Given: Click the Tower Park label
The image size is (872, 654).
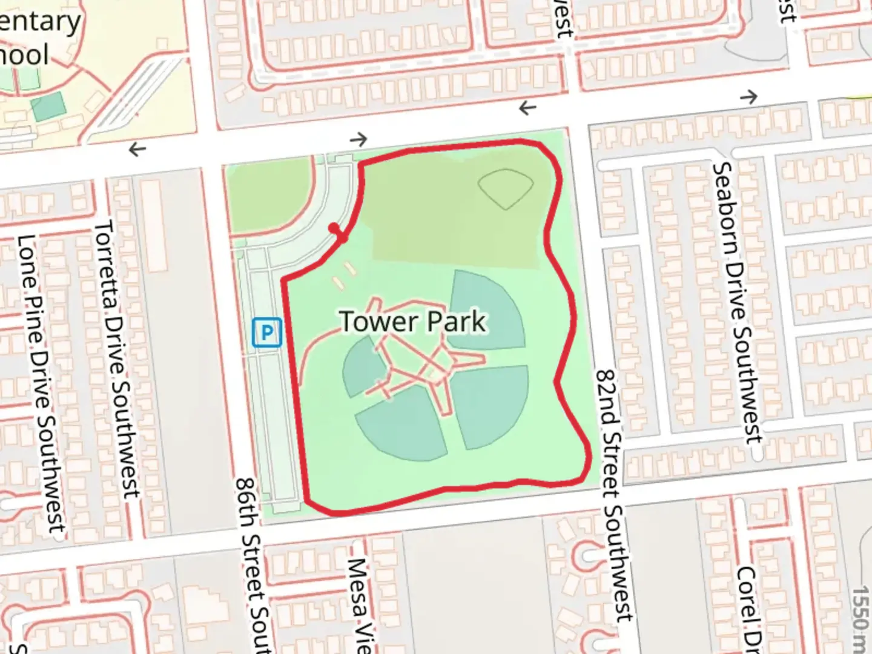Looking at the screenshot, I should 412,322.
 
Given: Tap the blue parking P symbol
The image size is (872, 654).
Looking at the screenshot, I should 267,332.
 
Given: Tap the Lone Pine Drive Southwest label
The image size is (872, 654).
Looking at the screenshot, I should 41,385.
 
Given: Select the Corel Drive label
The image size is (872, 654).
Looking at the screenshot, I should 748,609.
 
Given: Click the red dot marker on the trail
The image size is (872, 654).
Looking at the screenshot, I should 334,228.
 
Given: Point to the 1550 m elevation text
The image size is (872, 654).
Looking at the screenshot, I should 860,618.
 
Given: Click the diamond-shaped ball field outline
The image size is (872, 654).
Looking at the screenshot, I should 506,188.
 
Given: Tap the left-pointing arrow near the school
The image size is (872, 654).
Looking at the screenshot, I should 137,148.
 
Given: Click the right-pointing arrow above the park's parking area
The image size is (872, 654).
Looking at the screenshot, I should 358,139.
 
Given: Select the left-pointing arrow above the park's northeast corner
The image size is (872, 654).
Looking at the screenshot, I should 527,108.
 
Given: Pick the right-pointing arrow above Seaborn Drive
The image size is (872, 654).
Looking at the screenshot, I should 748,96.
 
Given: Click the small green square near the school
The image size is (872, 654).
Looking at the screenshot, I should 48,107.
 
